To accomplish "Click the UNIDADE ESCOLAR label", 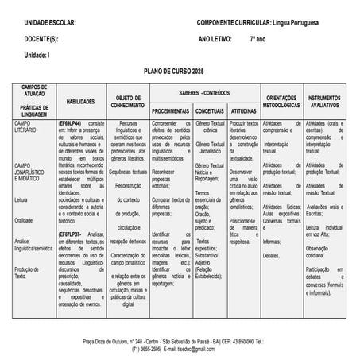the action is (x=50, y=23).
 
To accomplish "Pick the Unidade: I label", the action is (x=37, y=54).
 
